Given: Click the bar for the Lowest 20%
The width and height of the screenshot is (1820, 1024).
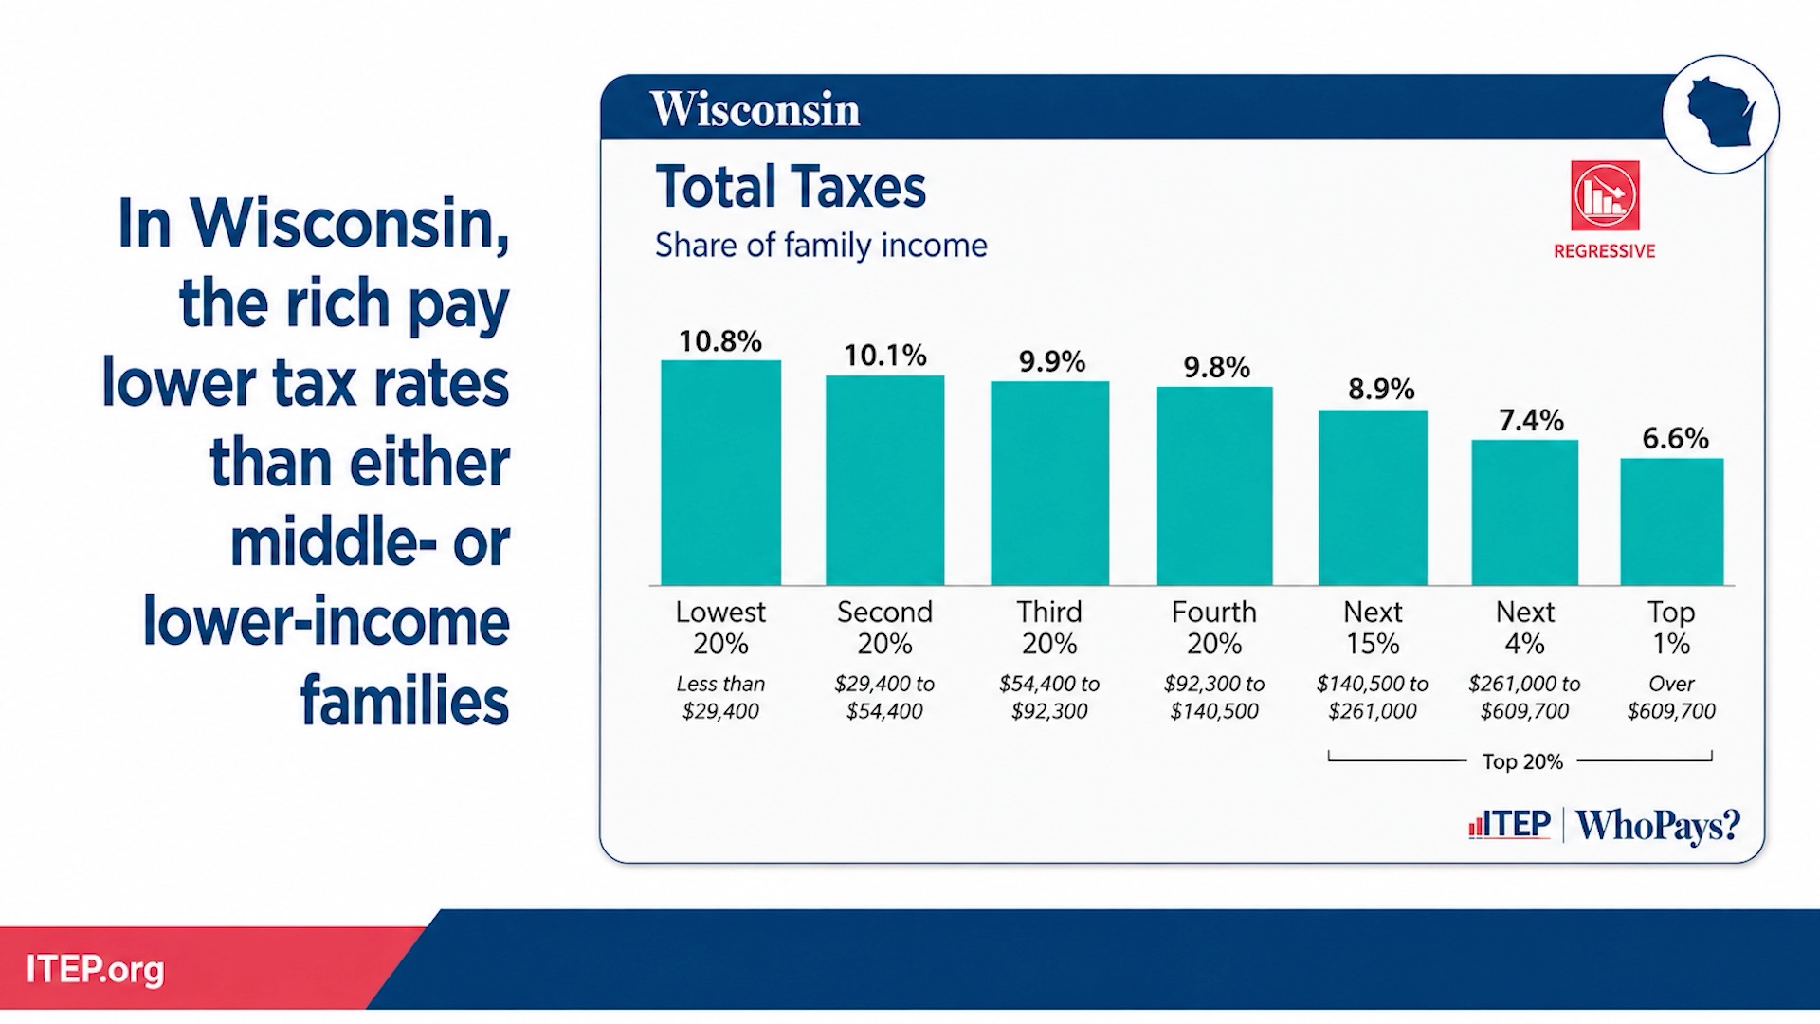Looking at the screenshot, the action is pos(720,472).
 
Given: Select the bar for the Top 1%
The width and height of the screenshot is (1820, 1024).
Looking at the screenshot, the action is pos(1671,521).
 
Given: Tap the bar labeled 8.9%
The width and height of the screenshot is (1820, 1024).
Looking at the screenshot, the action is pos(1373,498).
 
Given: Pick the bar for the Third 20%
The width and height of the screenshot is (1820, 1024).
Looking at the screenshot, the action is pos(1049,483).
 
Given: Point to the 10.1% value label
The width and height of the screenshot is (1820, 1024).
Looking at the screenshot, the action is pos(885,356).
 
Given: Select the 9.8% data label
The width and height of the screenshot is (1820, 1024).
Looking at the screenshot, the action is pos(1216,367).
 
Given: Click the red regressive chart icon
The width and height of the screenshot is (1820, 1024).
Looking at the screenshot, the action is pos(1605,195).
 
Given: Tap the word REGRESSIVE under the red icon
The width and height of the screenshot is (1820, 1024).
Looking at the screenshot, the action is pos(1605,251).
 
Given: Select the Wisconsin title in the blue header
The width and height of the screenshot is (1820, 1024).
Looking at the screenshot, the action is pos(755,109).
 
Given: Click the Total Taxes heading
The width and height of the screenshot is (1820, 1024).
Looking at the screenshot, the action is pos(791,187).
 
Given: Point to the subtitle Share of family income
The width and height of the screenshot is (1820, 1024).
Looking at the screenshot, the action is pos(821,246).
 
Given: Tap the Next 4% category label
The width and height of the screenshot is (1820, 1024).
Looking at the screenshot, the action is pos(1525,628).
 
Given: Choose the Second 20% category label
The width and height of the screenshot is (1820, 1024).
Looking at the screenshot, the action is pos(885,628).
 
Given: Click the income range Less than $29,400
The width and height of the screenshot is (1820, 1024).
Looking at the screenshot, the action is pos(720,697).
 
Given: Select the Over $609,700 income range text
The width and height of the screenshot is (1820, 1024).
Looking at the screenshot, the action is pos(1671,697).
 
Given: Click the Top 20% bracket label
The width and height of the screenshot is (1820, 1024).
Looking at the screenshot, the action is pos(1522,761).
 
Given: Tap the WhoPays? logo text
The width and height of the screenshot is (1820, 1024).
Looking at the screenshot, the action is pos(1658,826).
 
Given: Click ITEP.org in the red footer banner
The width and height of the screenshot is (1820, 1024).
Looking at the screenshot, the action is pos(95,969).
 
